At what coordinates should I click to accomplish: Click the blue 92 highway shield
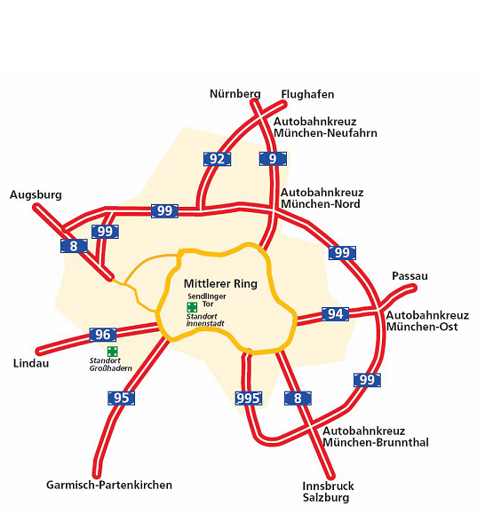tap(217, 159)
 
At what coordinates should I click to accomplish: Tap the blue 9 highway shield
tap(273, 159)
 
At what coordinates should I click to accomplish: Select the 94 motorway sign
tap(335, 314)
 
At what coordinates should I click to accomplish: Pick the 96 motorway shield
tap(103, 335)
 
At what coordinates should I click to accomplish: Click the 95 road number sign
tap(121, 398)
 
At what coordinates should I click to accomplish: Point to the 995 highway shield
tap(249, 398)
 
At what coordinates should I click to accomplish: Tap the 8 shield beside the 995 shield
tap(298, 398)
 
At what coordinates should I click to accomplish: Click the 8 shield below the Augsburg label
tap(74, 246)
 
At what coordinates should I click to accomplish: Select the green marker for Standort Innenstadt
tap(192, 307)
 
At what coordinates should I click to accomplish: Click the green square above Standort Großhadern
tap(113, 352)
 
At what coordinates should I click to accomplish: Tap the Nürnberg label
tap(235, 94)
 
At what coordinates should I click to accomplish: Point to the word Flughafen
tap(307, 94)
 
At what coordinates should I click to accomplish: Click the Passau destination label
tap(410, 276)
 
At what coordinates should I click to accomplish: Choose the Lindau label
tap(31, 363)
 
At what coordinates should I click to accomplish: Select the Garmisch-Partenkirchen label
tap(109, 485)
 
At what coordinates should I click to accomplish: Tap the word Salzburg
tap(326, 498)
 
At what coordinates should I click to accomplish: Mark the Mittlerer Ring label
tap(220, 283)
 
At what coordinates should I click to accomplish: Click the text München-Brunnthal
tap(376, 442)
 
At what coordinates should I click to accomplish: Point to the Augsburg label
tap(36, 194)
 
